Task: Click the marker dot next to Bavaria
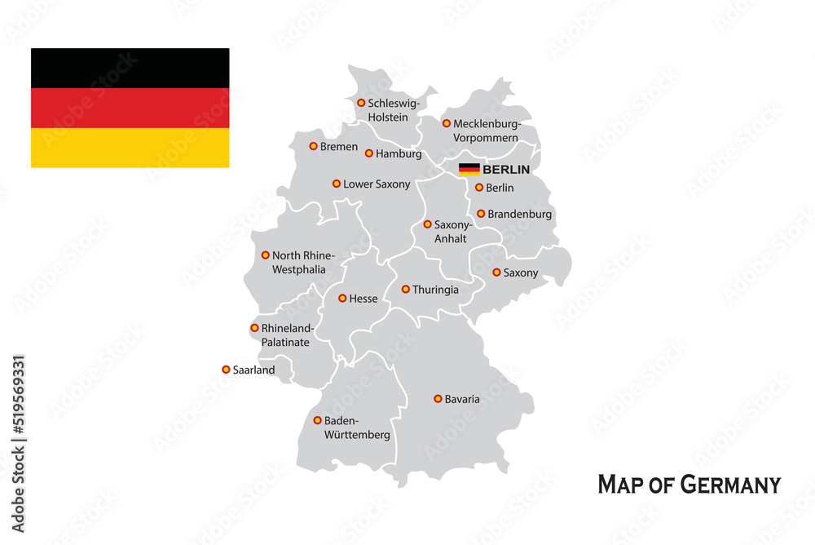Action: click(438, 399)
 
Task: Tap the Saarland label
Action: click(253, 370)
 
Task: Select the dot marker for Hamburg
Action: click(369, 153)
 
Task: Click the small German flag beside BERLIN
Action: click(469, 170)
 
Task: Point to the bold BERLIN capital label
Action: click(506, 170)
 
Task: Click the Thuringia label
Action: click(435, 290)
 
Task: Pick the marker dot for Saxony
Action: click(496, 272)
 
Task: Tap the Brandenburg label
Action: click(519, 215)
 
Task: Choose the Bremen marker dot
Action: click(313, 146)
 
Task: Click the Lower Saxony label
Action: click(377, 184)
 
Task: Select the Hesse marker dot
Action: click(342, 298)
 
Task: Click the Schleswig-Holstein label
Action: click(393, 110)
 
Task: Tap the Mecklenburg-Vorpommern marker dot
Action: click(447, 123)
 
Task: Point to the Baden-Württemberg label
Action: click(357, 428)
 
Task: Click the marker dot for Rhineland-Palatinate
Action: click(254, 328)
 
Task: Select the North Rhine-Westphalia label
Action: click(298, 262)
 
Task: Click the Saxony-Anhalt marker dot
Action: click(427, 224)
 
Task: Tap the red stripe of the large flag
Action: click(130, 108)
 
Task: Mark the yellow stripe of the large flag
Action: click(130, 148)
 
